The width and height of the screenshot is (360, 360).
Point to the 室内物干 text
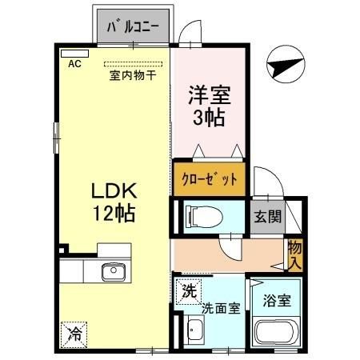133,76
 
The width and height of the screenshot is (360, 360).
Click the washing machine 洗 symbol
188,289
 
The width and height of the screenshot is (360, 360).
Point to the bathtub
275,334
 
